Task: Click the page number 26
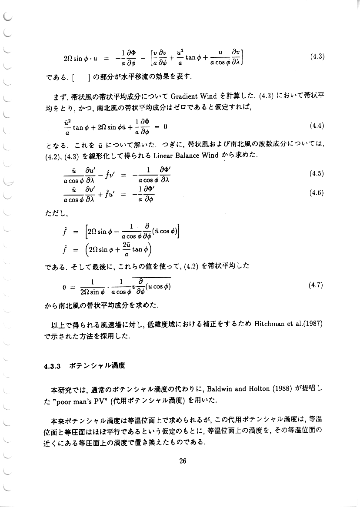pyautogui.click(x=183, y=461)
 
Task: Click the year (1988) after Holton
pyautogui.click(x=285, y=388)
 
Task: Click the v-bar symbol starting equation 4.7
pyautogui.click(x=64, y=287)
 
